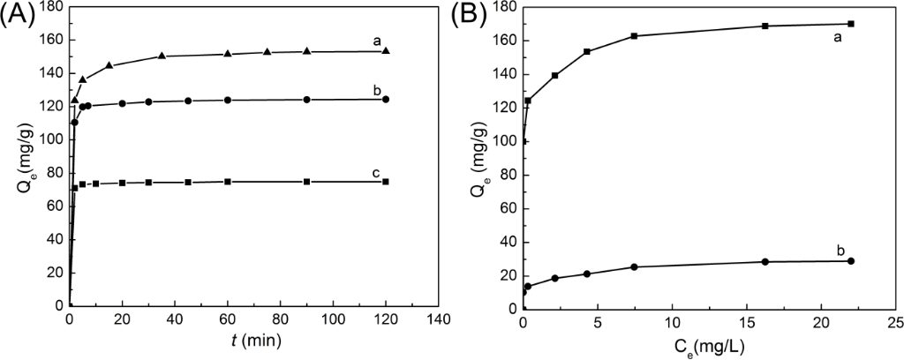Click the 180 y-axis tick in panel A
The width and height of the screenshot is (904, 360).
[x=52, y=7]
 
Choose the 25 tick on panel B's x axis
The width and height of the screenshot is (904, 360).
[x=896, y=320]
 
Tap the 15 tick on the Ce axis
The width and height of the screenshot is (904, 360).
[x=747, y=320]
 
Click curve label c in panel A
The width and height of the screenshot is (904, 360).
[x=376, y=172]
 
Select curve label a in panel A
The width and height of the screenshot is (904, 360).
[x=377, y=40]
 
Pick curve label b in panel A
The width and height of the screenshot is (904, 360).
[x=377, y=89]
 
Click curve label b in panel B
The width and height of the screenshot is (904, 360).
[x=841, y=251]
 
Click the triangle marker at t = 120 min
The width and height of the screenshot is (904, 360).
[x=386, y=50]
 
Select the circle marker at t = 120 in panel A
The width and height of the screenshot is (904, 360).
[x=386, y=99]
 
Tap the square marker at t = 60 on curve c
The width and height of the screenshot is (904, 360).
[x=228, y=182]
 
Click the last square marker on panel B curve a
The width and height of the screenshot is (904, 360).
[x=851, y=24]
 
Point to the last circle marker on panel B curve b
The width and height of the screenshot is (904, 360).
[x=851, y=260]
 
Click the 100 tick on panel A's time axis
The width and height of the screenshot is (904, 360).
[x=334, y=320]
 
